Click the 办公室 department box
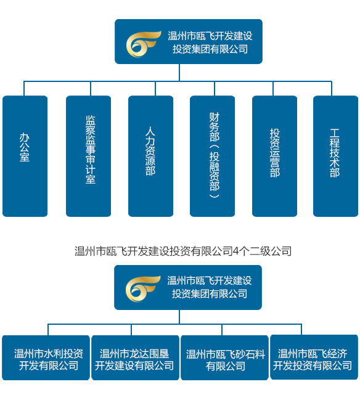25,156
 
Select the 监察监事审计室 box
89,156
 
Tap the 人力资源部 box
150,156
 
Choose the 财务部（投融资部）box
213,156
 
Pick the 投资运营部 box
274,156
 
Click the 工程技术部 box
335,156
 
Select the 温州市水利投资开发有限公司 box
46,358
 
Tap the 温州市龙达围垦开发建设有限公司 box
134,358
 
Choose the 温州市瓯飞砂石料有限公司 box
224,358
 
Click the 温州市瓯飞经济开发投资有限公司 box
314,358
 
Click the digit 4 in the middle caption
235,251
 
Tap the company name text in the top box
210,43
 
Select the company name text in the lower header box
210,288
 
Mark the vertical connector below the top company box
179,72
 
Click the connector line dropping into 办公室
25,88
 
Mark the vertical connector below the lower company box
179,317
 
